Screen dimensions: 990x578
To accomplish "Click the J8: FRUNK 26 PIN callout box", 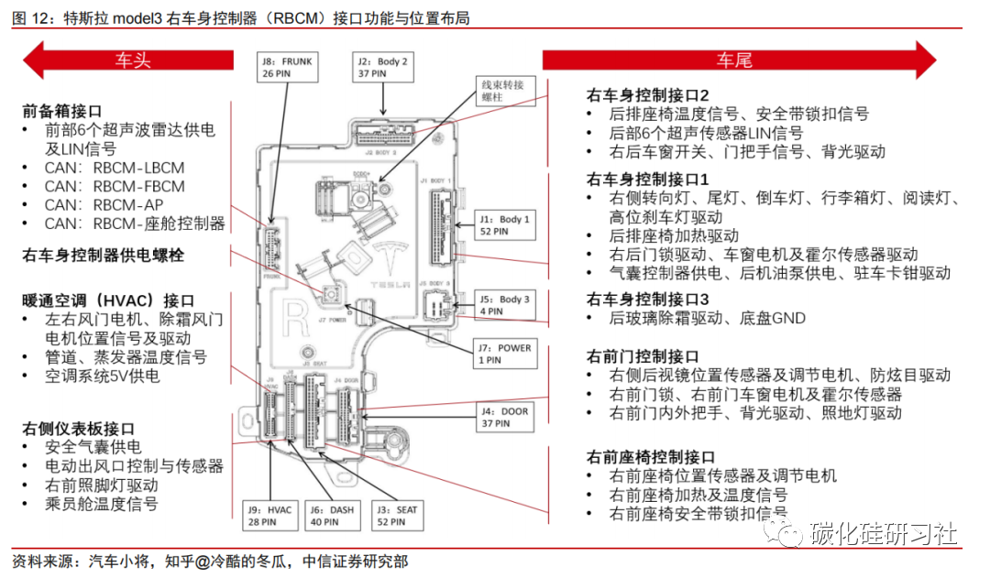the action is [287, 69].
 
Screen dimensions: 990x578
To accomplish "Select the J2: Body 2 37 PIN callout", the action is [381, 69].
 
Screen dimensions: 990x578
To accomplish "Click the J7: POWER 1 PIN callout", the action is [503, 353].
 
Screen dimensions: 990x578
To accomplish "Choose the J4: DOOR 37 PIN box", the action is [504, 418].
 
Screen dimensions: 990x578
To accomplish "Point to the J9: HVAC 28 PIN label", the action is [269, 516].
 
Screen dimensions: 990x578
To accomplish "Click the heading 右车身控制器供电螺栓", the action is [103, 256].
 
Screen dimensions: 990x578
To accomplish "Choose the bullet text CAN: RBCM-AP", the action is [104, 205].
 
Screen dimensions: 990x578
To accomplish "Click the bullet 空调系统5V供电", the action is [102, 376].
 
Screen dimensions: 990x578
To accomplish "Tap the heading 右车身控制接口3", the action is [648, 300].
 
